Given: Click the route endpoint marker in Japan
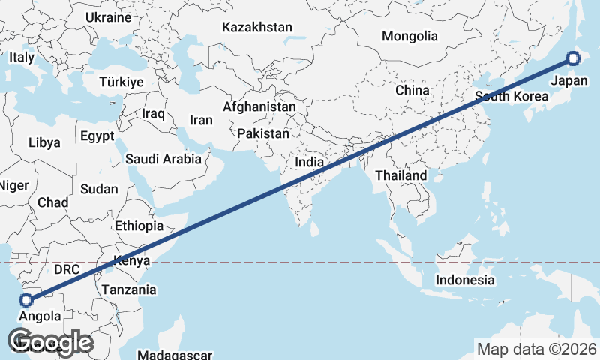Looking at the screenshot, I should coord(574,58).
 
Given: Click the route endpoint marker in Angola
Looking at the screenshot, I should coord(26,300).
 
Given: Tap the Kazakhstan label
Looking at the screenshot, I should coord(256,28).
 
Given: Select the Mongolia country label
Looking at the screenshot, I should coord(409,36).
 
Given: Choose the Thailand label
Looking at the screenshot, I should coord(401,175).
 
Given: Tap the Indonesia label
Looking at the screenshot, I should coord(466,280).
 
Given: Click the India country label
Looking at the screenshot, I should coord(310,162).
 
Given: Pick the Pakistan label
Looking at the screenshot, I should coord(263,134).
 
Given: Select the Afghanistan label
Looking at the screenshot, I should coord(259,107).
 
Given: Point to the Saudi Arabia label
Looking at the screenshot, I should coord(163,159).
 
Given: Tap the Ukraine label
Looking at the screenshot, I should coord(109,17).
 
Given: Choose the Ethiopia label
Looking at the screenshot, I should coord(139,226).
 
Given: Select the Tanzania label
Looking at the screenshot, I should coord(129,289).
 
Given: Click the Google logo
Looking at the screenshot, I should coord(51,343).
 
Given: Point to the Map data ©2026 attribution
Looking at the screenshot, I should coord(537,349).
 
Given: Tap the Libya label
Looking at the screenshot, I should coord(44,142).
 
